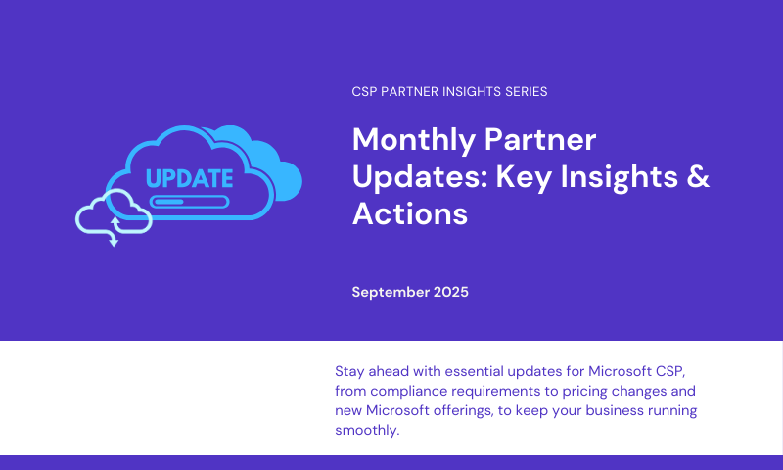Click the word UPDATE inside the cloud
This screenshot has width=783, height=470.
click(x=189, y=178)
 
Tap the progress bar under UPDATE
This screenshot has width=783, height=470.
click(x=189, y=202)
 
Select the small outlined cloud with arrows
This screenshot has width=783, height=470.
click(x=114, y=212)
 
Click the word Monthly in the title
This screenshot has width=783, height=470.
click(x=414, y=140)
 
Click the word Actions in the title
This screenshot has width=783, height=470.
click(x=410, y=213)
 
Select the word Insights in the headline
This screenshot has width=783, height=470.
click(x=620, y=178)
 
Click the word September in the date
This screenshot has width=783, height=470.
click(x=391, y=293)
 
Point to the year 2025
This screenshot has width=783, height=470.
click(x=451, y=292)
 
